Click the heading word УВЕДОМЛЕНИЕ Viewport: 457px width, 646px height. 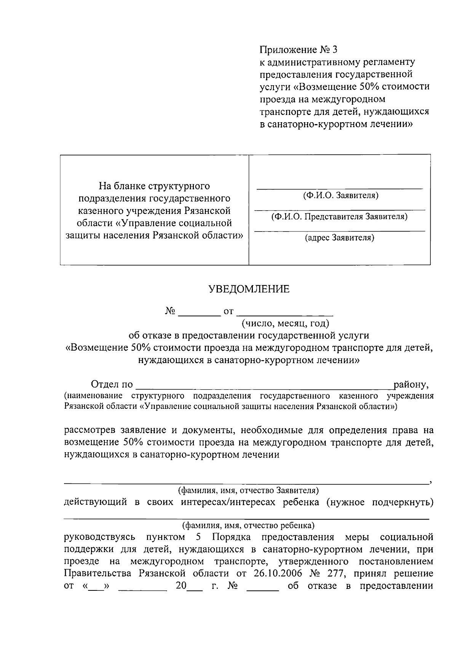pos(249,289)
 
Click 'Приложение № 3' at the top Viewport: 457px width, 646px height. pos(298,50)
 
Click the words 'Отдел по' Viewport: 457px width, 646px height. pos(112,384)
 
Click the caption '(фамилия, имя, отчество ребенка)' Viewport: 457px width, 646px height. pos(249,526)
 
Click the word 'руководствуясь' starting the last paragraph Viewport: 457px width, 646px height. pos(100,537)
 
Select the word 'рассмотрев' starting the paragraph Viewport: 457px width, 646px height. pos(89,430)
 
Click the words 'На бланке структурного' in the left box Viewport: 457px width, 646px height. pos(154,186)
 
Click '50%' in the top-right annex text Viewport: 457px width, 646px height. pos(368,87)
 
